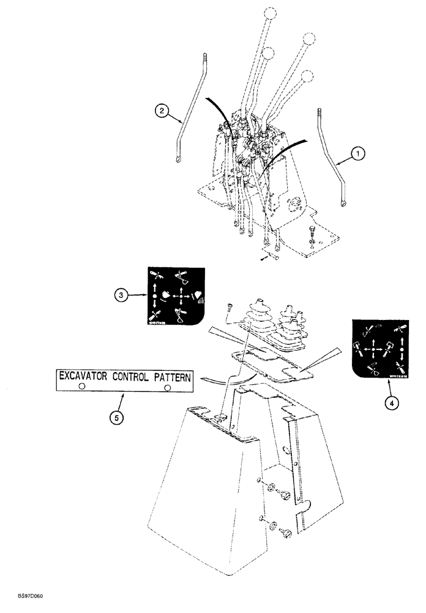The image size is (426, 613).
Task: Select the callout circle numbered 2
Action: (161, 111)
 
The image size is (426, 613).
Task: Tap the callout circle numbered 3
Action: (122, 295)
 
